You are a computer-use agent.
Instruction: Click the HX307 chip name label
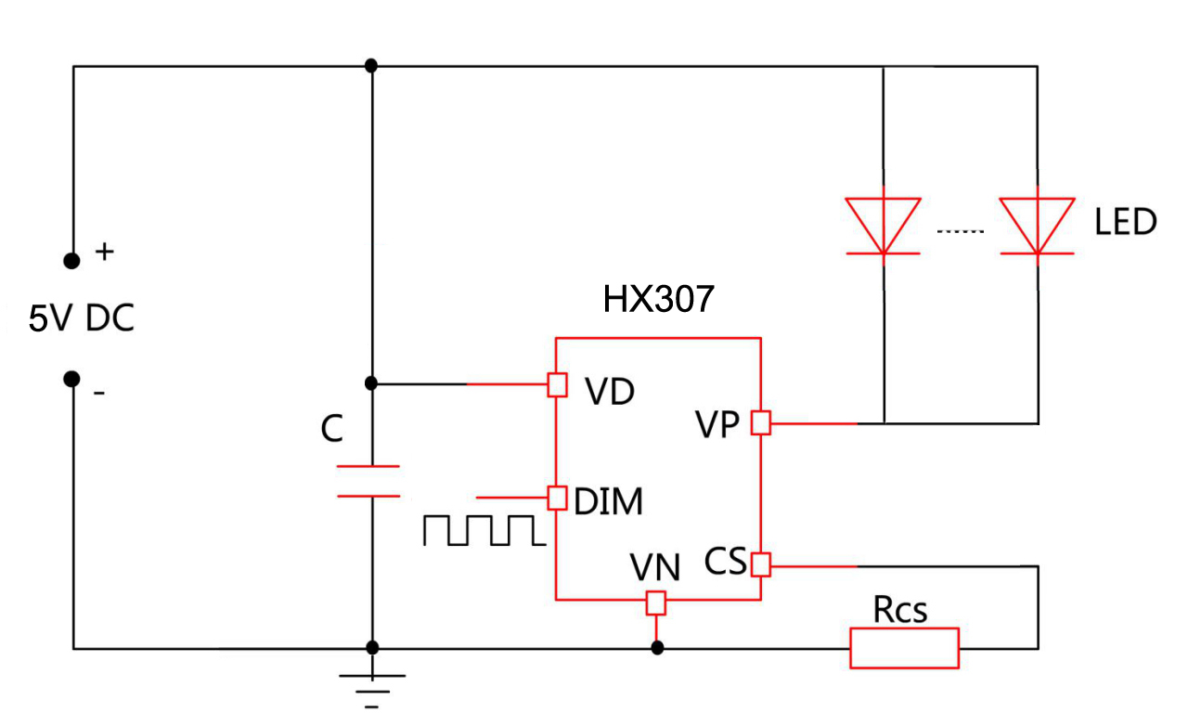click(x=658, y=299)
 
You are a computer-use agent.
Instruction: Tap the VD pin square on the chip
click(x=557, y=384)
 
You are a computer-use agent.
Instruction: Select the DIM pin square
click(x=557, y=498)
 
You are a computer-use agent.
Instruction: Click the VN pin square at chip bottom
click(x=656, y=603)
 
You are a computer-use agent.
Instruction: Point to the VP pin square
click(x=761, y=423)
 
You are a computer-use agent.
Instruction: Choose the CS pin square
click(x=761, y=564)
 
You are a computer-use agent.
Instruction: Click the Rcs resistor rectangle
click(x=904, y=648)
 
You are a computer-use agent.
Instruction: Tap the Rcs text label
click(x=899, y=610)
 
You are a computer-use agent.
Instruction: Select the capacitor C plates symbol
click(x=369, y=481)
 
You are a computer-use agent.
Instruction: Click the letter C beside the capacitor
click(x=331, y=429)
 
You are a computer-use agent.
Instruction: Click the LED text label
click(x=1125, y=223)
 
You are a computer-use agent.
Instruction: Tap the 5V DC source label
click(x=82, y=319)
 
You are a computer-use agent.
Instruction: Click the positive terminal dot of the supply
click(x=71, y=261)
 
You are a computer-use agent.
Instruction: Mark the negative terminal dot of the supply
click(x=71, y=378)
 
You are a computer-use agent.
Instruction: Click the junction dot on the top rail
click(x=371, y=65)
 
